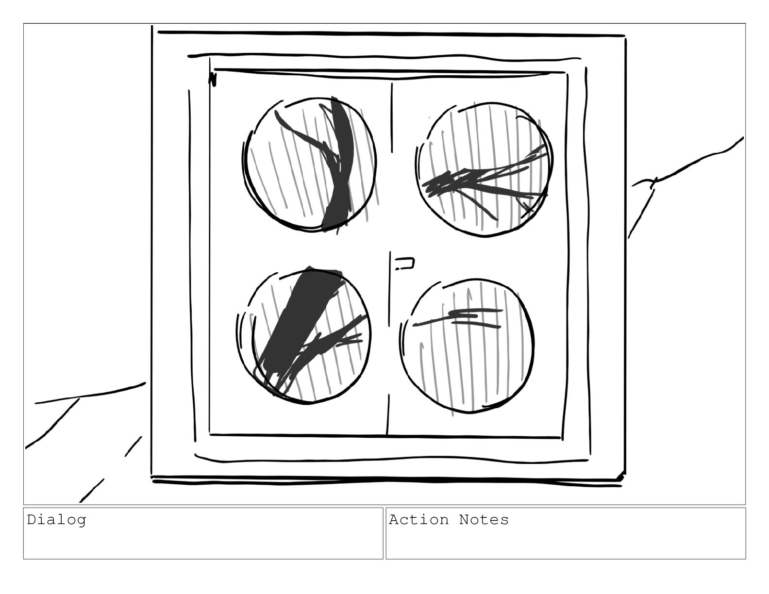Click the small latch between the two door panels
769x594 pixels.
[x=404, y=264]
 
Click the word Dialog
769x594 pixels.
[x=57, y=520]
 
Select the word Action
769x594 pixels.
[x=419, y=520]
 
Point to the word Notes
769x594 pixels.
[x=484, y=520]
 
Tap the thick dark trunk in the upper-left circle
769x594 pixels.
[x=339, y=163]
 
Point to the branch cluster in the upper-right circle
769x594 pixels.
[x=485, y=181]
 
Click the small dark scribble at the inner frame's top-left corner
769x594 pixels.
[x=212, y=79]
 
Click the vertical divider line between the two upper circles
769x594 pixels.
[x=392, y=118]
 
